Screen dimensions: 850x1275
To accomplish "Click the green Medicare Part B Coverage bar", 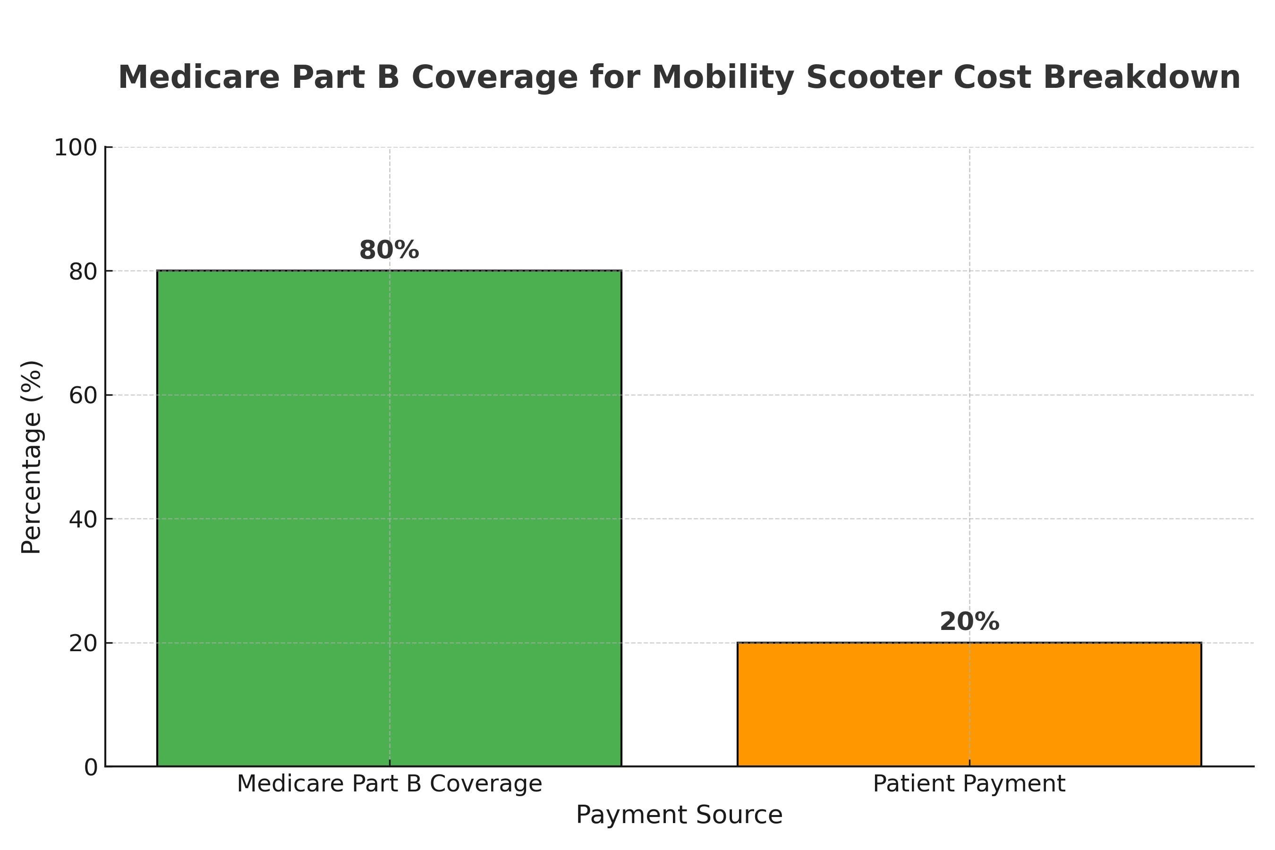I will coord(389,518).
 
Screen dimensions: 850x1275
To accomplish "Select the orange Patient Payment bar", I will coord(969,704).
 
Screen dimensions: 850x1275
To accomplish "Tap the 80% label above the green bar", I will coord(389,250).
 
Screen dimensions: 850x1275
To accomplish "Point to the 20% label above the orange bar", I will coord(969,622).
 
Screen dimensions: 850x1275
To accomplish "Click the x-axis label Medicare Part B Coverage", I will coord(389,784).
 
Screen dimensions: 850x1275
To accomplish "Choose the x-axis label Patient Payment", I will coord(969,784).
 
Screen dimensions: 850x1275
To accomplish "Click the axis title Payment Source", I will coord(679,815).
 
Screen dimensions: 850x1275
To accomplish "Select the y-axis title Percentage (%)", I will coord(32,457).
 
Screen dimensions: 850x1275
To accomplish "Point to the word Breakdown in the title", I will coord(1141,77).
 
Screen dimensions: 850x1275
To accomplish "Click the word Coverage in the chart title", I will coord(494,77).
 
